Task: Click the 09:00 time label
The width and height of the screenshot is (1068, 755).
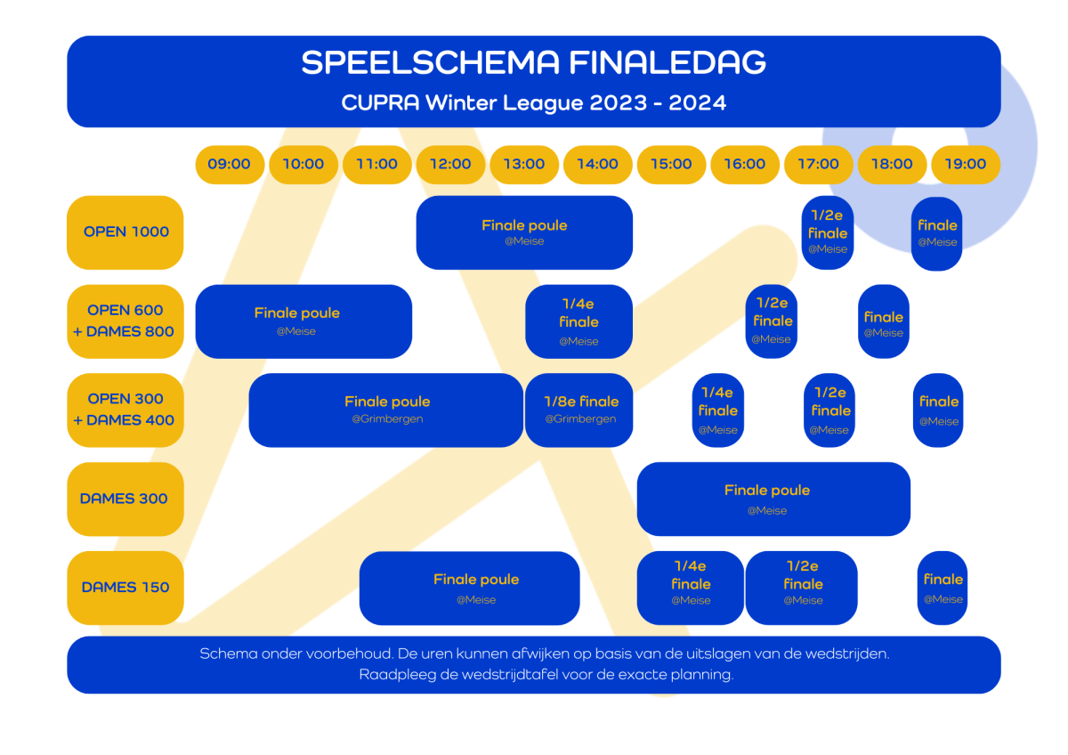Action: coord(230,164)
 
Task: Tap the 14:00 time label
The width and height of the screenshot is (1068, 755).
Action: coord(597,164)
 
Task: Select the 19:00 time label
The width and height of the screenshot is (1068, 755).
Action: coord(966,164)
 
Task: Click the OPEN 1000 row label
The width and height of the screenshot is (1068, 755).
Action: coord(125,232)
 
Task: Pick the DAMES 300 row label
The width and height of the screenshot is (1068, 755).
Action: coord(125,499)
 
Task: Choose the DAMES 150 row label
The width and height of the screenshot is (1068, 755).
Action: coord(125,588)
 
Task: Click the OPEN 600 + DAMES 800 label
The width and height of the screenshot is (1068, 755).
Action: coord(125,321)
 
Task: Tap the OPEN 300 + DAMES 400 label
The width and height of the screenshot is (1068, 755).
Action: coord(125,410)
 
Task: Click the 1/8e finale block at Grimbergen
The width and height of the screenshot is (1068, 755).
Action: coord(579,410)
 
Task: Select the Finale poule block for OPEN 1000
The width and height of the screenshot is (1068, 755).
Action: coord(524,232)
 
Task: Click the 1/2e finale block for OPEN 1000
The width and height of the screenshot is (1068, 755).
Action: coord(828,232)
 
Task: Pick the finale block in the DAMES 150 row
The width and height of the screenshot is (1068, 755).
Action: coord(943,588)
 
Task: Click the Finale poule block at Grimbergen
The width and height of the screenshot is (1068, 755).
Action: coord(386,410)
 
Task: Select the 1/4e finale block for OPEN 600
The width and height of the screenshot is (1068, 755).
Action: coord(578,321)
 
